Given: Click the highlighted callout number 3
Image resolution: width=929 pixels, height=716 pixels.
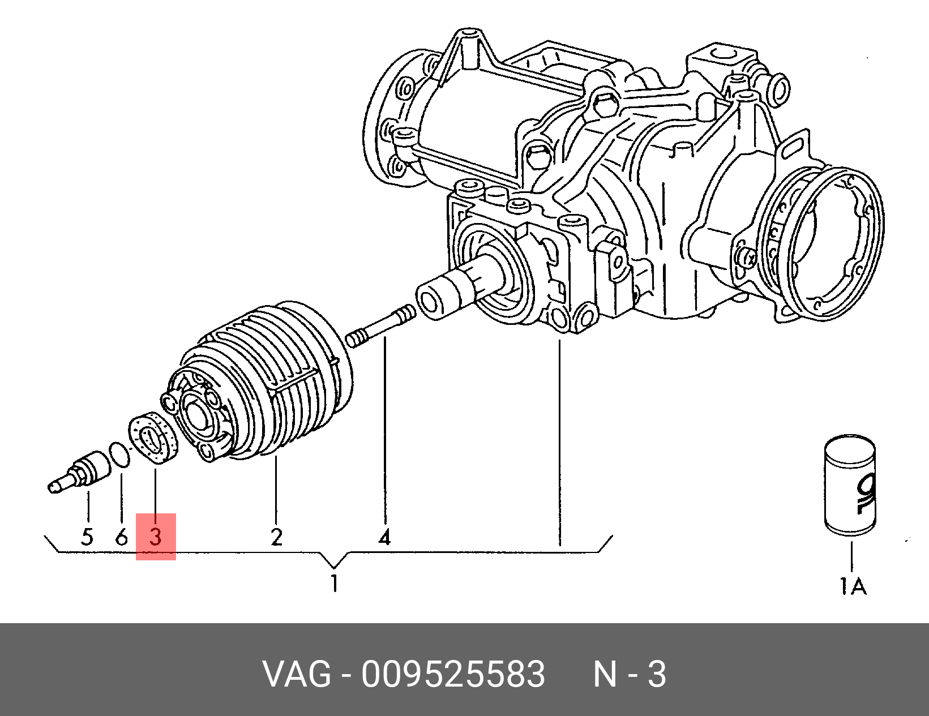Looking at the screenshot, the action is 156,537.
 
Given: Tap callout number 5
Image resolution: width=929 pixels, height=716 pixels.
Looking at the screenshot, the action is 87,537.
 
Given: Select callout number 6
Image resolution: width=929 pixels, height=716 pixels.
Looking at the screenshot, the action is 121,537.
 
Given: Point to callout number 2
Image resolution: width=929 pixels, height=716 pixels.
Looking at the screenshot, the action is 276,537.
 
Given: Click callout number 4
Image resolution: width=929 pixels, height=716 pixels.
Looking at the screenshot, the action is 385,537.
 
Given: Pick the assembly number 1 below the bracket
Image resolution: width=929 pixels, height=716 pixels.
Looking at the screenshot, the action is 335,583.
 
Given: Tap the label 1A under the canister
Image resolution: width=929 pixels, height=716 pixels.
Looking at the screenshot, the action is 853,586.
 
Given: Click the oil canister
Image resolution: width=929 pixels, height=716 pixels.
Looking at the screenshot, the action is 850,485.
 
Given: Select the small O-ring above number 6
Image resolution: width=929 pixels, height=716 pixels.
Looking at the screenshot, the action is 120,455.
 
